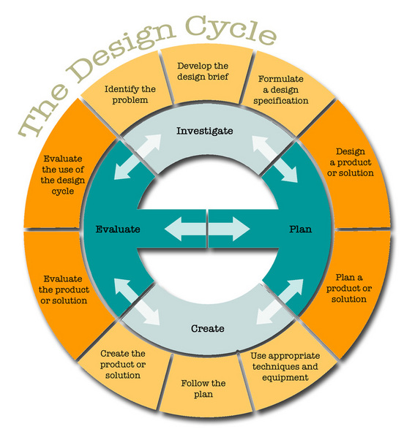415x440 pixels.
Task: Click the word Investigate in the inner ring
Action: [x=205, y=132]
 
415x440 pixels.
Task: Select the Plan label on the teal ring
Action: [x=300, y=230]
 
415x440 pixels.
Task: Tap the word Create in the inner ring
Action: [x=207, y=329]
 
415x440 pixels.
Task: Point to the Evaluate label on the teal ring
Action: [x=118, y=230]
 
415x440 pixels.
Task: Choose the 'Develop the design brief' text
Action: [x=203, y=71]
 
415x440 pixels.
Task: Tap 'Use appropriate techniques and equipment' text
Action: [x=285, y=367]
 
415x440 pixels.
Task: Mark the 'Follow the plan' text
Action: [x=203, y=389]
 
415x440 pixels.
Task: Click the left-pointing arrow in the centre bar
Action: [x=184, y=230]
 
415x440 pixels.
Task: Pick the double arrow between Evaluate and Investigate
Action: [x=135, y=157]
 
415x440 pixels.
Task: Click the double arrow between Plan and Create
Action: [x=280, y=302]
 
